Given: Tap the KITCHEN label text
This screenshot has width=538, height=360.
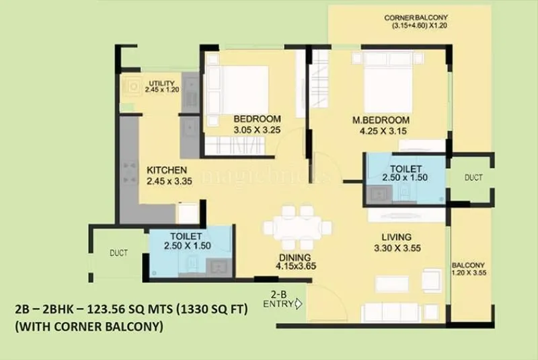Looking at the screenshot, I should click(167, 170).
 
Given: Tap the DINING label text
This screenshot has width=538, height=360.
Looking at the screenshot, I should click(296, 257).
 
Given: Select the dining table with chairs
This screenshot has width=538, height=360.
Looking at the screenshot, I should click(298, 227).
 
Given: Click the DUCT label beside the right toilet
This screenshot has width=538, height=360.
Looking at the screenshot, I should click(473, 178).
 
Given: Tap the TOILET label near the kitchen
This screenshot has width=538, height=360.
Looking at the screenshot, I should click(187, 236).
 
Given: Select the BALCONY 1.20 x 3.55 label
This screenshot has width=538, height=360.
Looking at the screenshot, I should click(469, 269).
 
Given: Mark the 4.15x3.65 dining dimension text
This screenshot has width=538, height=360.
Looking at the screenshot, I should click(296, 266).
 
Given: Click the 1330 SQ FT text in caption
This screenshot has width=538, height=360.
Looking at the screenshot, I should click(213, 310).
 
